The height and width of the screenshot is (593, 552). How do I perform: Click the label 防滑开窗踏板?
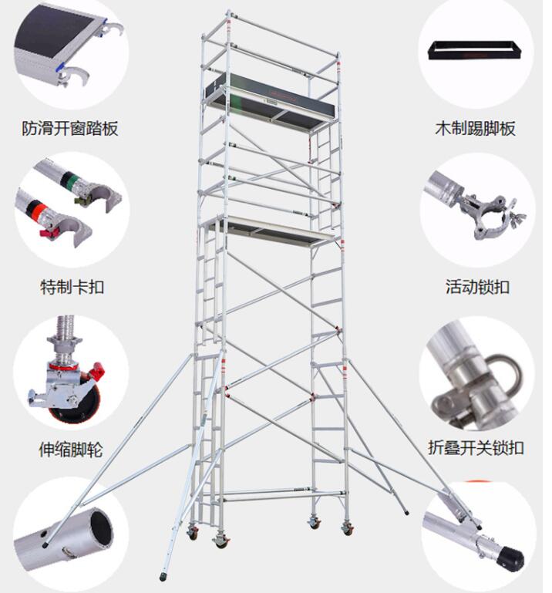click(x=69, y=128)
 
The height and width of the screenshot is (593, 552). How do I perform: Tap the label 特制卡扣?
click(x=72, y=287)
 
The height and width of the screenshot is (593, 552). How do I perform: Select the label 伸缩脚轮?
click(x=70, y=448)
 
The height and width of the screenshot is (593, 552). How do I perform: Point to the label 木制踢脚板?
click(x=475, y=128)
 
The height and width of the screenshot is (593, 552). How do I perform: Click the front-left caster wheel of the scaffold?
click(x=222, y=542)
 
